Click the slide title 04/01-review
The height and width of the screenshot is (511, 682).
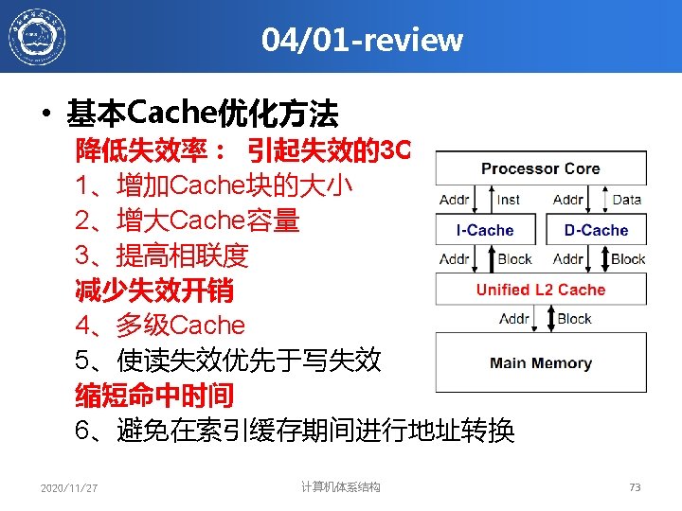pos(363,40)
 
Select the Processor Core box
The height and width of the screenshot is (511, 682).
pos(540,168)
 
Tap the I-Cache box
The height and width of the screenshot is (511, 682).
pos(484,230)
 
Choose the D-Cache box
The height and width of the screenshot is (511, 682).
pos(596,230)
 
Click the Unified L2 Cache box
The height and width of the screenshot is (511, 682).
pos(540,290)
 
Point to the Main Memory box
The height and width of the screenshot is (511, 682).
pos(540,362)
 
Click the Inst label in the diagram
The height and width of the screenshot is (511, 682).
pos(509,200)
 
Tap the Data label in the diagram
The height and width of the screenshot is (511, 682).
pos(626,200)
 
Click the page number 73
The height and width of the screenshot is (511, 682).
pos(635,487)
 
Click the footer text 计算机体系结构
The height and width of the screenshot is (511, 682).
pos(341,487)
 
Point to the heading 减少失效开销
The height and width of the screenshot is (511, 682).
pos(154,291)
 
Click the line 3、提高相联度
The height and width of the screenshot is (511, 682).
pos(162,255)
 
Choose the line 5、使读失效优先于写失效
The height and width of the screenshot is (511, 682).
pos(228,361)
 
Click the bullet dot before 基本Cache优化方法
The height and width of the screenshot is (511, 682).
pos(46,117)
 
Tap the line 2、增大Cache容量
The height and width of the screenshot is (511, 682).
pos(188,220)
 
